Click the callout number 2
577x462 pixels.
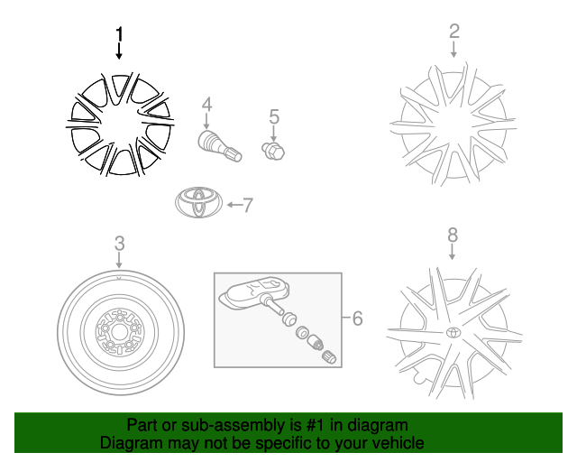(453, 32)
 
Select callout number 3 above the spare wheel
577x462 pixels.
(119, 244)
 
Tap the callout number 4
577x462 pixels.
(206, 106)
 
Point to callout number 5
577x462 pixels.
(274, 116)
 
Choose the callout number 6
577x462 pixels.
(357, 318)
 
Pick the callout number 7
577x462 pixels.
(248, 205)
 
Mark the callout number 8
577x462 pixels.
(453, 235)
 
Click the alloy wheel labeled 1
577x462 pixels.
(119, 123)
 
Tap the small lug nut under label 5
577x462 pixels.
(272, 150)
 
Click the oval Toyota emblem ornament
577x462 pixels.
(198, 203)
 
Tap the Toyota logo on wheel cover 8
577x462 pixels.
(451, 332)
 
